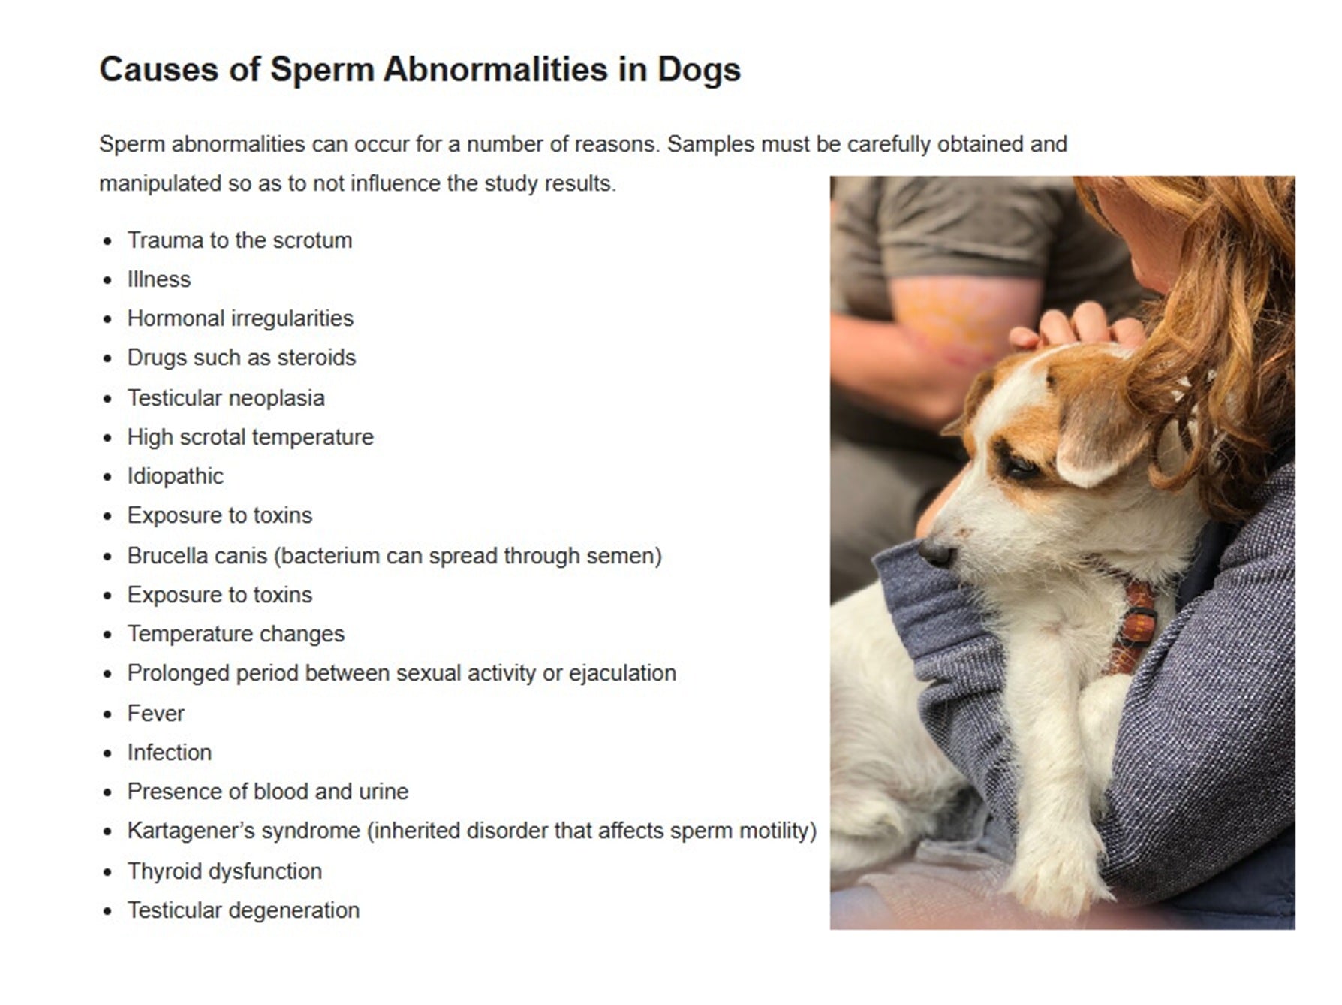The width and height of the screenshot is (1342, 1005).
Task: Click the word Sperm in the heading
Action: pyautogui.click(x=322, y=70)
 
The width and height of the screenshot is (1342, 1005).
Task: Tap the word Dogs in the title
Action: pyautogui.click(x=699, y=70)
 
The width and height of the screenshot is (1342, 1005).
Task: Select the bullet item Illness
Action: pyautogui.click(x=159, y=279)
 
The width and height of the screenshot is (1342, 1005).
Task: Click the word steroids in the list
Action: pyautogui.click(x=316, y=358)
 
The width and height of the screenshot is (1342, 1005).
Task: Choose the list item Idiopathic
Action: pyautogui.click(x=176, y=476)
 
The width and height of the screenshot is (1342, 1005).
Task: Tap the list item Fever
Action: pyautogui.click(x=156, y=714)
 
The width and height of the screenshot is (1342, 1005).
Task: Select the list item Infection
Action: pyautogui.click(x=170, y=753)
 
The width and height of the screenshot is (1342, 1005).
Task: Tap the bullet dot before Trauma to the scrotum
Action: pyautogui.click(x=108, y=242)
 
